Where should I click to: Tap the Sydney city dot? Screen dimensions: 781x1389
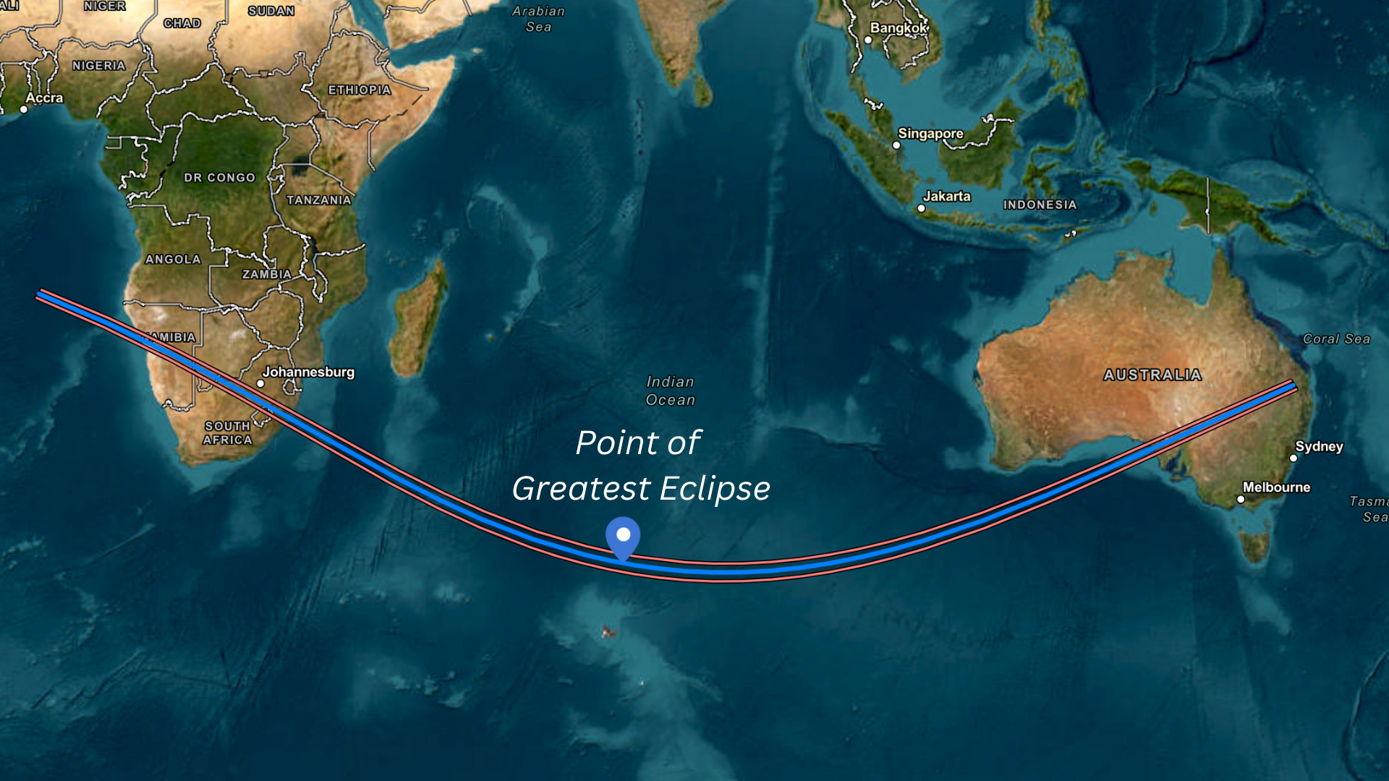[1294, 458]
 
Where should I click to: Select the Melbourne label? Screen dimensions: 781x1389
[1276, 487]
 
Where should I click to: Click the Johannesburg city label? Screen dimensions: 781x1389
[308, 372]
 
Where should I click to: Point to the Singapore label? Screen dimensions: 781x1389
[930, 134]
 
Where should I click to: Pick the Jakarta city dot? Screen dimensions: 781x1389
[921, 208]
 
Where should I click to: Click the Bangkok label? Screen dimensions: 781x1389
[898, 28]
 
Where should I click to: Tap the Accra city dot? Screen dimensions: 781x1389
[24, 109]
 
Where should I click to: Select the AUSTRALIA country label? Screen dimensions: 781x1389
[1152, 375]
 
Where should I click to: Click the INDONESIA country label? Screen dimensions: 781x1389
[1040, 205]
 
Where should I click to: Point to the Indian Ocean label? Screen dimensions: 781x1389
[670, 390]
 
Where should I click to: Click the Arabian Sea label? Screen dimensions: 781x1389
[538, 19]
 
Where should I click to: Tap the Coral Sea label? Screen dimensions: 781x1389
[1336, 338]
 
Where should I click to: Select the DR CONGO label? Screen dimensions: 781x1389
[219, 178]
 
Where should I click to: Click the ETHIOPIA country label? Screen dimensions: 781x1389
[360, 90]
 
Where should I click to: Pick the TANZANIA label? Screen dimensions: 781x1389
[318, 200]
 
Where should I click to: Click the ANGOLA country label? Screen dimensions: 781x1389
[173, 260]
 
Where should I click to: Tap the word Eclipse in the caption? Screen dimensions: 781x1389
[715, 489]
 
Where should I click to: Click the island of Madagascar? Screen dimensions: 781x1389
[418, 322]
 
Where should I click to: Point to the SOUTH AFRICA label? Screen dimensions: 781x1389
[227, 433]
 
